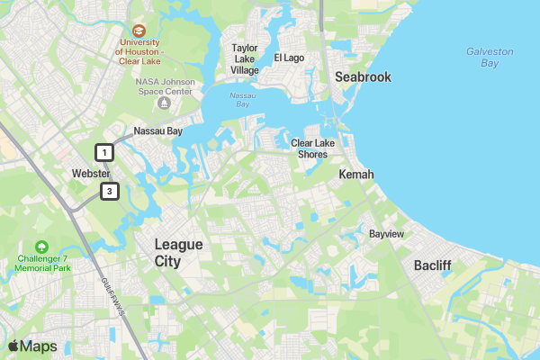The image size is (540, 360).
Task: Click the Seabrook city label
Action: point(363,77)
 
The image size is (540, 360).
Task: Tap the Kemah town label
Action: point(355,174)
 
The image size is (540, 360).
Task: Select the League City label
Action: point(179,253)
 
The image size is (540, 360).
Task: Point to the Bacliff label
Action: point(432,265)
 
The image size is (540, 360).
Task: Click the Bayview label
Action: point(386,234)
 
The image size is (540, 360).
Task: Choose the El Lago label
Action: point(290,58)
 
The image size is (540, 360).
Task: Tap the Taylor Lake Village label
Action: point(245,58)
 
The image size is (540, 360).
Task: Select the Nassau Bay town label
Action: point(158,131)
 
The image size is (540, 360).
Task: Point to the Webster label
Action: point(91,174)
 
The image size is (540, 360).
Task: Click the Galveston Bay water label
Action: point(490,58)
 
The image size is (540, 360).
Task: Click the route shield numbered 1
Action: point(105,152)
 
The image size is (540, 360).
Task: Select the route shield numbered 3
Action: point(110,191)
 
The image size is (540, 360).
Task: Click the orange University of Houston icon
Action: point(138,31)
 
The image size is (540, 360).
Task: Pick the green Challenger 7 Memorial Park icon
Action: point(41,247)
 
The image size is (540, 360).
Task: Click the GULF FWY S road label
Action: point(112,296)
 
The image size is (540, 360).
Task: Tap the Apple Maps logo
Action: point(32,346)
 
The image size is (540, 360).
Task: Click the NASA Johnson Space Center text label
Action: point(164,86)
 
